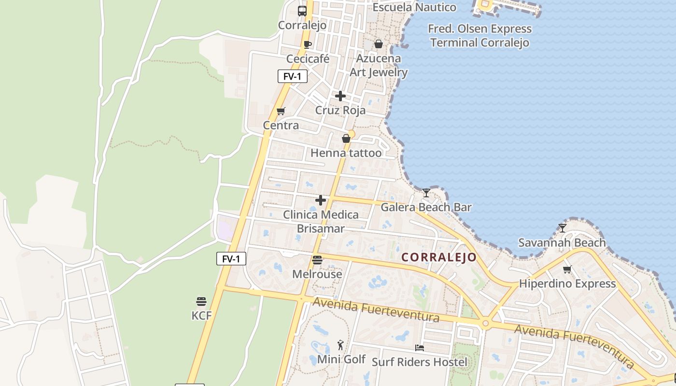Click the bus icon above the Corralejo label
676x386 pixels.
[x=302, y=11]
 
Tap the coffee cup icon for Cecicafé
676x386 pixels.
[x=308, y=45]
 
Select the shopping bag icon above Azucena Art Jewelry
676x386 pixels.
[x=379, y=44]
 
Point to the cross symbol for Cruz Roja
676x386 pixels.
[x=340, y=96]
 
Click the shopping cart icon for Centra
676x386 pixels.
[x=281, y=111]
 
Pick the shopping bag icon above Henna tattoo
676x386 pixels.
[x=346, y=139]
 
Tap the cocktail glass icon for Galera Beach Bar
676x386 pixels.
[x=426, y=193]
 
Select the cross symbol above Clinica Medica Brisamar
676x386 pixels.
[x=321, y=200]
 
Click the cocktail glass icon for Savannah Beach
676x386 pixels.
[x=562, y=228]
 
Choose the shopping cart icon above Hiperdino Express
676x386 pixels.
[x=567, y=269]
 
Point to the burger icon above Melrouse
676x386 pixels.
[x=317, y=260]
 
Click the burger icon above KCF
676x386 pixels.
[x=201, y=302]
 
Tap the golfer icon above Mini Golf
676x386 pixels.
[x=341, y=345]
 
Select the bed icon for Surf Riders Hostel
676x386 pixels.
[x=420, y=347]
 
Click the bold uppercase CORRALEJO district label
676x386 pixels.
[x=439, y=258]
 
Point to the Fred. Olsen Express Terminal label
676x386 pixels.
[x=479, y=36]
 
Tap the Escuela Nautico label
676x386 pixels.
[x=414, y=7]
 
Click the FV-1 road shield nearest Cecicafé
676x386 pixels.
[x=293, y=76]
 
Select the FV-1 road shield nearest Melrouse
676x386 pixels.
[x=231, y=259]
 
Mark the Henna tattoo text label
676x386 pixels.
[x=346, y=153]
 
